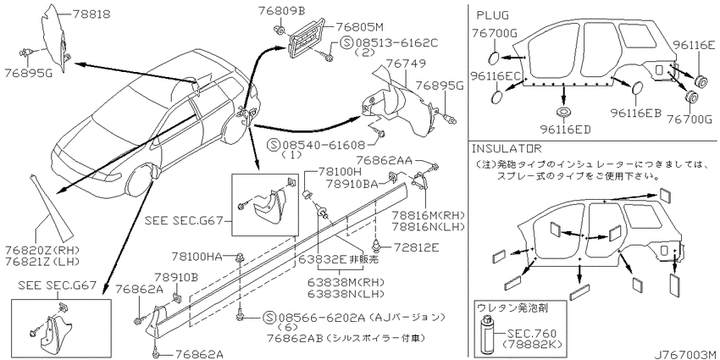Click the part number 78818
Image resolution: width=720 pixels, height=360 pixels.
(91, 14)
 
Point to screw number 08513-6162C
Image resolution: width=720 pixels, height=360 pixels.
(396, 43)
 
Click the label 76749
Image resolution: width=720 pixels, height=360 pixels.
(406, 63)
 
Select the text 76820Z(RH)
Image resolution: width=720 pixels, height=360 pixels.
(42, 251)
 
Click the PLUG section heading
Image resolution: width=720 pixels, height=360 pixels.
(492, 15)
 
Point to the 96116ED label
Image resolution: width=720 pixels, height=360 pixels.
(565, 129)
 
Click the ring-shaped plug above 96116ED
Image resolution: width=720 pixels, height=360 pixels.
(563, 112)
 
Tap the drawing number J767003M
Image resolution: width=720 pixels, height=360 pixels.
(685, 354)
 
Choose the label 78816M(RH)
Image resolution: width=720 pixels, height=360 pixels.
(428, 215)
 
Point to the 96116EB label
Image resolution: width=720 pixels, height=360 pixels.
(635, 113)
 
